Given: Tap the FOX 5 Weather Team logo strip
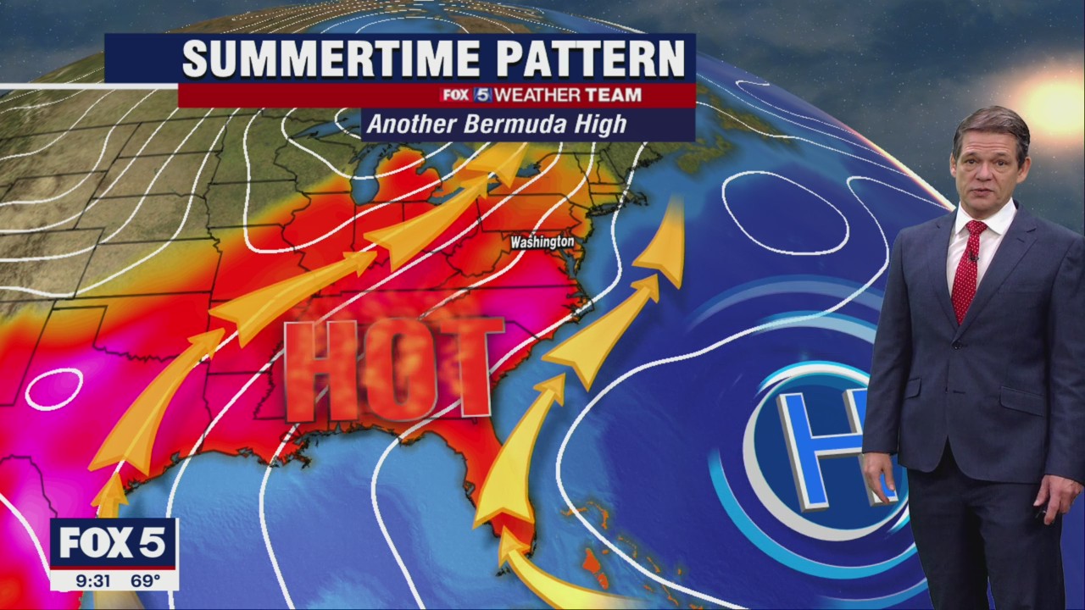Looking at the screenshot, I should coord(541,95).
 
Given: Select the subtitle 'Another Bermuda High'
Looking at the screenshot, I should coord(497,125).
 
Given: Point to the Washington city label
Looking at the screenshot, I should coord(542,242).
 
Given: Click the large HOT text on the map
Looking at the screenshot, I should coord(393,369).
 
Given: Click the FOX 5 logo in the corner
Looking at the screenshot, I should coord(113,543).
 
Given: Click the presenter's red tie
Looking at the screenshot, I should coord(967,270).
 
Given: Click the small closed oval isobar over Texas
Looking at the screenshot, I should coord(53,388).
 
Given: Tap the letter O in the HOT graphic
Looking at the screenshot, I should coord(394,370).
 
